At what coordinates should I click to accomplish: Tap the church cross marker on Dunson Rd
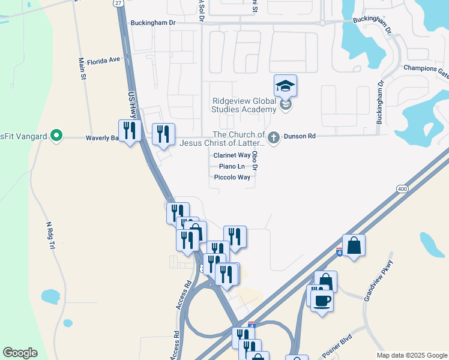(x=274, y=137)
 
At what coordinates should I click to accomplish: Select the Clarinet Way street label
(x=232, y=155)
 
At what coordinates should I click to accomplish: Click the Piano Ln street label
(x=232, y=166)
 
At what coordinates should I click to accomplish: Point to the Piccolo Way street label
(x=232, y=178)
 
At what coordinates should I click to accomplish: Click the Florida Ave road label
(x=104, y=61)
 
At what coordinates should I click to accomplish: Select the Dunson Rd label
(x=304, y=137)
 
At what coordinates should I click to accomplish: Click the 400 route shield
(x=402, y=189)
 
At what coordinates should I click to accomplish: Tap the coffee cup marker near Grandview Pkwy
(x=322, y=299)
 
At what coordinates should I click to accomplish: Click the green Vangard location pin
(x=56, y=136)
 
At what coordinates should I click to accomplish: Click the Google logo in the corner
(x=20, y=353)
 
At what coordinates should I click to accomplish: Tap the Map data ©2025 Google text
(x=412, y=355)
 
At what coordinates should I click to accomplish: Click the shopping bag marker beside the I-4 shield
(x=354, y=245)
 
